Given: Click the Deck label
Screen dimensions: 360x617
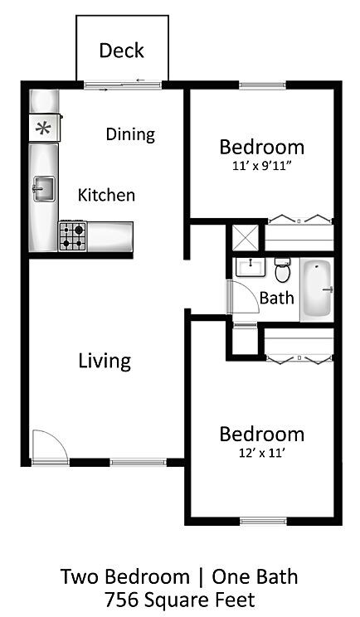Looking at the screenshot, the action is tap(122, 51).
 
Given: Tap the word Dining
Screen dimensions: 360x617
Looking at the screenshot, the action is tap(130, 134).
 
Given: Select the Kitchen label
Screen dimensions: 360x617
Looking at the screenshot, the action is tap(106, 195).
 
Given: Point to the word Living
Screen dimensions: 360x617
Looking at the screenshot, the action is tap(105, 362).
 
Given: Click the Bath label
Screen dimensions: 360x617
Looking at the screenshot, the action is tap(276, 298).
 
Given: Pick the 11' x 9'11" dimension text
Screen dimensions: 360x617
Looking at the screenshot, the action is tap(261, 166).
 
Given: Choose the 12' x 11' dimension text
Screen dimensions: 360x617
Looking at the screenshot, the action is tap(261, 453).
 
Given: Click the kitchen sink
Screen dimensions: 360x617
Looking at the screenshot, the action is tap(44, 189).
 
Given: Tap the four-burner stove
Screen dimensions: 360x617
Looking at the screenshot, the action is tap(72, 236).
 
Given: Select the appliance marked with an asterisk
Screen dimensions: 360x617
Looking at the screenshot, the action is tap(45, 128).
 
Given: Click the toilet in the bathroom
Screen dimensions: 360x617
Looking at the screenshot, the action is tap(282, 270).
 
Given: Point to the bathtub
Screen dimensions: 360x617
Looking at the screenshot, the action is tap(317, 289).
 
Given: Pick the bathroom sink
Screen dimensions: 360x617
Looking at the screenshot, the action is tap(251, 267).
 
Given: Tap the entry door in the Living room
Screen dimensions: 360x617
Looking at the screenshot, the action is tap(50, 447).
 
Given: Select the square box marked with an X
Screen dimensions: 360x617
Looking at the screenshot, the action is tap(245, 237).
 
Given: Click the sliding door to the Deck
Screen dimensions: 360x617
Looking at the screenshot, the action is tap(123, 85).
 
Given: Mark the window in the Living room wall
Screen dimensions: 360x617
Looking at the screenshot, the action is tap(138, 463).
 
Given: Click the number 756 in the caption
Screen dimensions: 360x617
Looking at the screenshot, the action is tap(121, 600).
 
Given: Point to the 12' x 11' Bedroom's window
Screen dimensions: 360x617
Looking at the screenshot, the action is tap(263, 522).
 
